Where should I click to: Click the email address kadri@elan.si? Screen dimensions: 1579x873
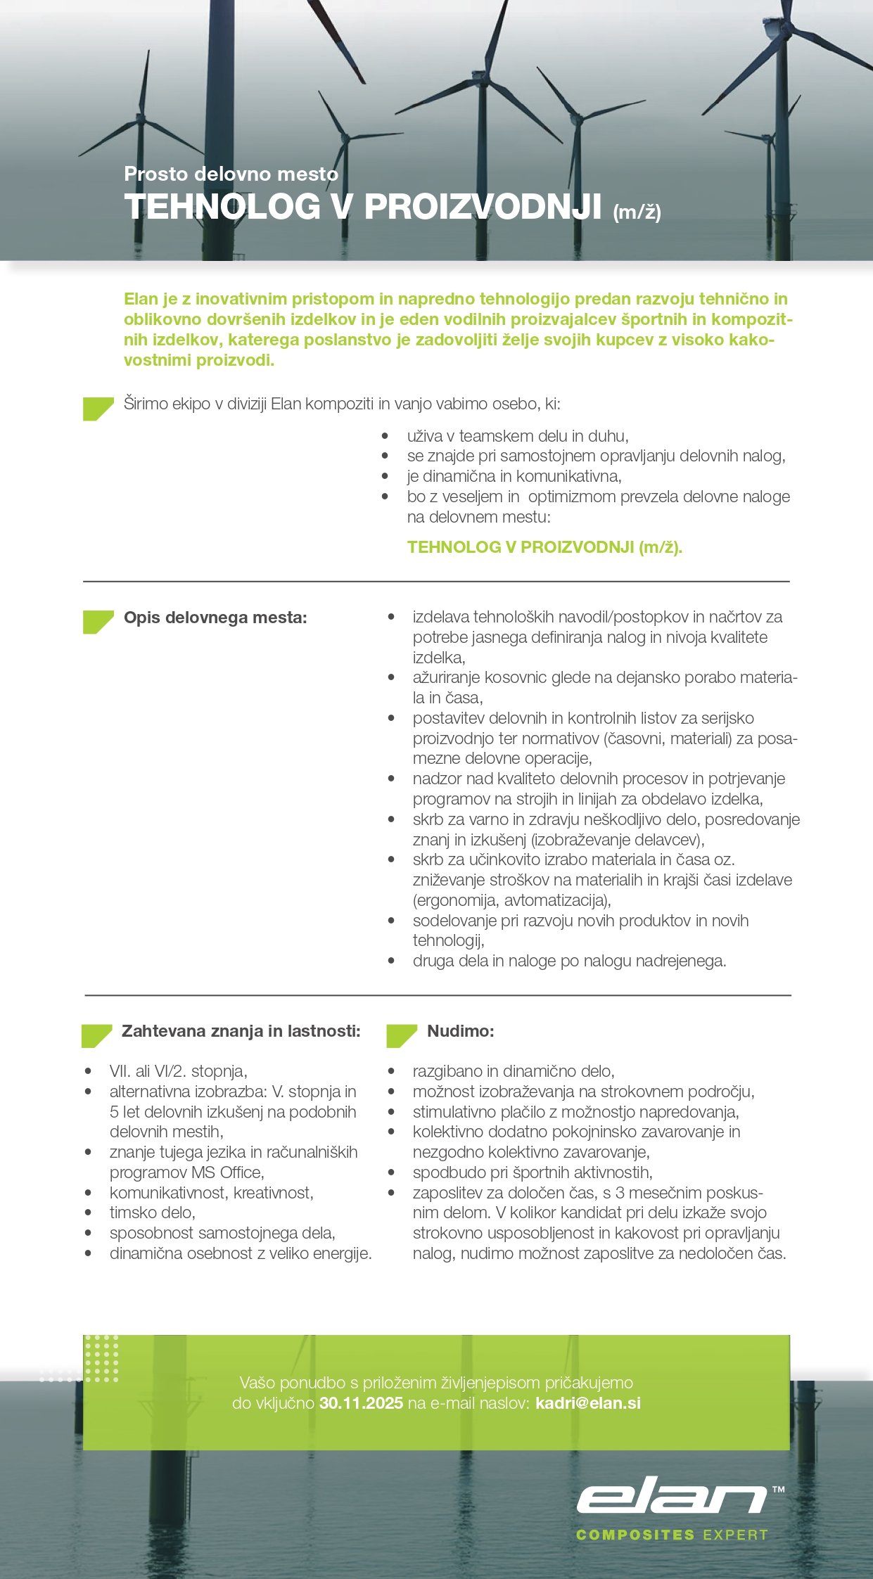(587, 1403)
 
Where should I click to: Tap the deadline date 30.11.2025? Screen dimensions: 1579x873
(361, 1403)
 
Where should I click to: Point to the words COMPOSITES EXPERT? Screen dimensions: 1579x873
(672, 1535)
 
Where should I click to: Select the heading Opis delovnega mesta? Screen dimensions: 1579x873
(215, 618)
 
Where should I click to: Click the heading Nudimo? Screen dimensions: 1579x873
(461, 1031)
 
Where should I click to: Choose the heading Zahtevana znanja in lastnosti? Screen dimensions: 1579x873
(241, 1031)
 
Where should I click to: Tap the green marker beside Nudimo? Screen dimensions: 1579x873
(401, 1035)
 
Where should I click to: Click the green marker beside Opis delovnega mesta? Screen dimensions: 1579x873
(98, 622)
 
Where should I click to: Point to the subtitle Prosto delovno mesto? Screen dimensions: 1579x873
(231, 174)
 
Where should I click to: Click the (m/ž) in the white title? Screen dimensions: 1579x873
(637, 212)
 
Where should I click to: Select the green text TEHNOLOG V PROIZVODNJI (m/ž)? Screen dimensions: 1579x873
(544, 547)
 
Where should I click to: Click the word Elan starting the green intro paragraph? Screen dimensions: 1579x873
(141, 299)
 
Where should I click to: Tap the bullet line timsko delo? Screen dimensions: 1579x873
(153, 1213)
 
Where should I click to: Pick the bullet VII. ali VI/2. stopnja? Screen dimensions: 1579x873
(178, 1071)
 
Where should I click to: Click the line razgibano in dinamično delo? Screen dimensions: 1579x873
(514, 1071)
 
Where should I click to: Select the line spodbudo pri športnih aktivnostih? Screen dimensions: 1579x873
(533, 1172)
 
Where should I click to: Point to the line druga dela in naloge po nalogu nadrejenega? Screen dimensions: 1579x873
(569, 961)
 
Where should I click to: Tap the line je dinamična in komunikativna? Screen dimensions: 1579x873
(514, 476)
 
